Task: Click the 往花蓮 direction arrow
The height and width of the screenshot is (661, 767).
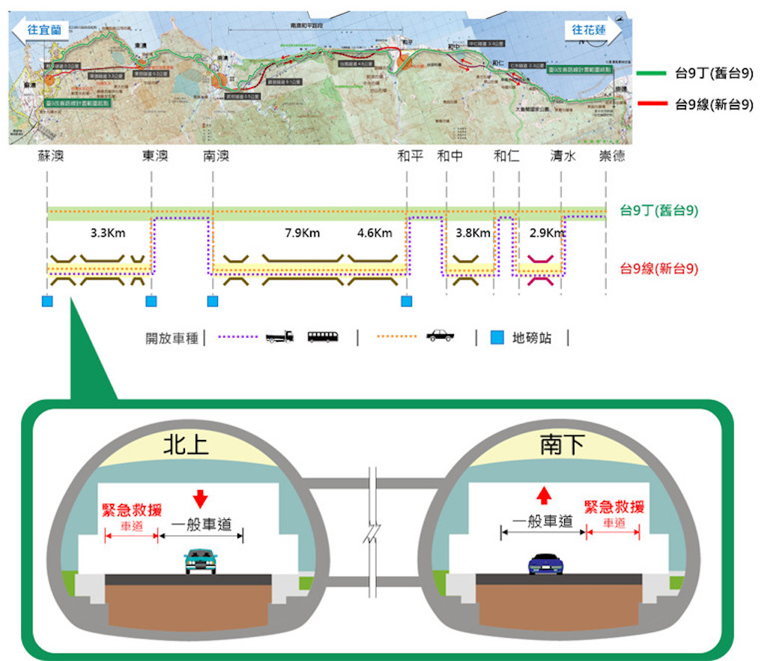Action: (592, 30)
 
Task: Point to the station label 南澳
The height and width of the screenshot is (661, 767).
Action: (216, 156)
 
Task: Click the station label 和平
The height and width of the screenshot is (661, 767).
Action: (410, 156)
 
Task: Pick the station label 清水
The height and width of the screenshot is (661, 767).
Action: (563, 156)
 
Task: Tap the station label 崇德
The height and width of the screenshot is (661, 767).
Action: (611, 156)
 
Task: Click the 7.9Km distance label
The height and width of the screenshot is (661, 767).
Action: (302, 232)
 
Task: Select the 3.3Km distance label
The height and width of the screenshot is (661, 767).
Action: (107, 232)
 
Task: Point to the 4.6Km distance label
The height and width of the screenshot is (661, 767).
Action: (375, 232)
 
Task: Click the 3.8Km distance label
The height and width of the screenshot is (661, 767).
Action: (473, 232)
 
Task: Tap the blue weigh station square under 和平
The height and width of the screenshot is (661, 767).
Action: (407, 301)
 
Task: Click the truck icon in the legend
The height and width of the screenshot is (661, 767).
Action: (279, 336)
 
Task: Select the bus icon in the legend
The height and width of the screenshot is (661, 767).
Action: (322, 336)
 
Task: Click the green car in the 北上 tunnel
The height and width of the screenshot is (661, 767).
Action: (201, 561)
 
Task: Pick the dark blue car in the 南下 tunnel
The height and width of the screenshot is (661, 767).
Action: (545, 564)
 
